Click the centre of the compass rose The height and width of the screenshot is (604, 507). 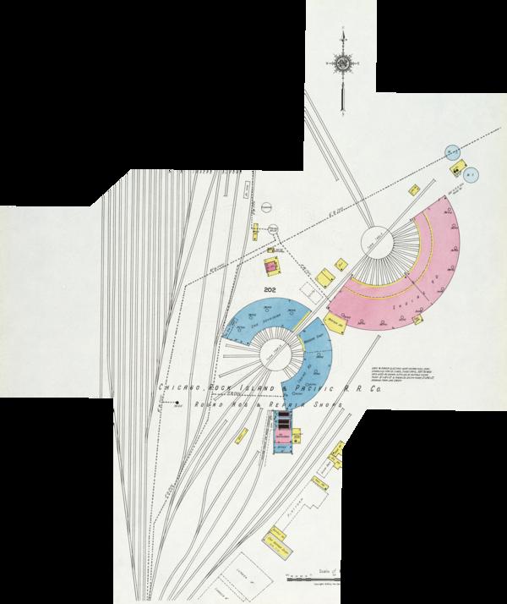(x=343, y=64)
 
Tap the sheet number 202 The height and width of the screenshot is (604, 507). (x=271, y=290)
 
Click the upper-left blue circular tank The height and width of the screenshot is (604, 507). (x=455, y=150)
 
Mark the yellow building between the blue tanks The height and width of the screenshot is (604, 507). (x=462, y=171)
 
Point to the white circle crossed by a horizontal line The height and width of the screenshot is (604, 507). (x=265, y=206)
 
